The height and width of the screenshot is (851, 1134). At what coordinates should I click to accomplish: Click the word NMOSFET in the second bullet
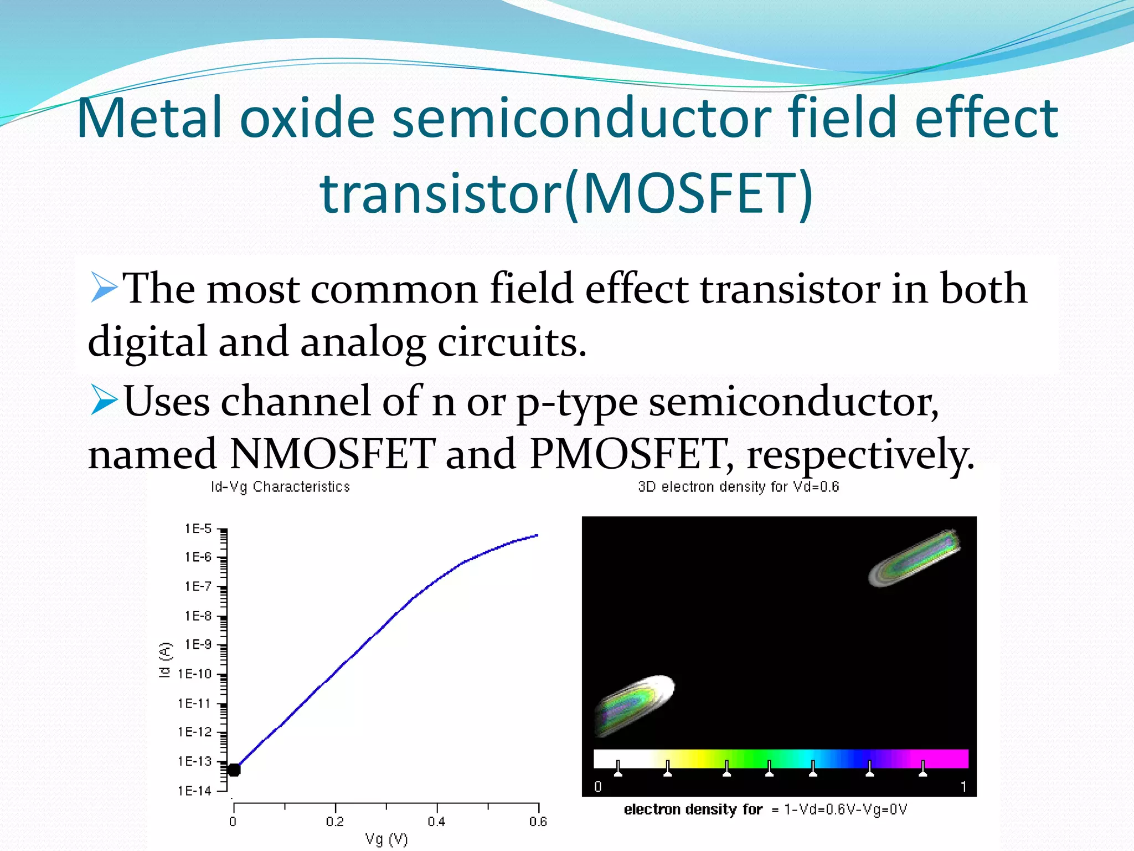coord(332,454)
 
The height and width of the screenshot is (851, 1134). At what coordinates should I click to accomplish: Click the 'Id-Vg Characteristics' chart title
coord(280,487)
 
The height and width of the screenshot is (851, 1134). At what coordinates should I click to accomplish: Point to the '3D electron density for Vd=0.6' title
coord(738,487)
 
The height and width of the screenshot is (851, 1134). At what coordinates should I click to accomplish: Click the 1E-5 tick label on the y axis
coord(198,529)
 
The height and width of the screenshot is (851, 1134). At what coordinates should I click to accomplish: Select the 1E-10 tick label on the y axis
coord(194,674)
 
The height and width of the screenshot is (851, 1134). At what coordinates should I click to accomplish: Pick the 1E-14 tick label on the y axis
coord(194,791)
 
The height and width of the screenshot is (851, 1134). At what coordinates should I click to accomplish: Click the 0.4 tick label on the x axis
coord(436,821)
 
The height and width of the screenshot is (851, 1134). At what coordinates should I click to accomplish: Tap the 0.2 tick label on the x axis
coord(334,821)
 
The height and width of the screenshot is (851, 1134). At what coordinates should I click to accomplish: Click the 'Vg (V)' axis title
coord(386,839)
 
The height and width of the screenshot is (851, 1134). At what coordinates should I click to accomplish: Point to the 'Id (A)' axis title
coord(165,660)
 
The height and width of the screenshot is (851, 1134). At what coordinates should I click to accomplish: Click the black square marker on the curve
coord(234,770)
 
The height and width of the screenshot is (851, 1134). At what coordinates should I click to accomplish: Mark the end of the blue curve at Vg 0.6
coord(536,536)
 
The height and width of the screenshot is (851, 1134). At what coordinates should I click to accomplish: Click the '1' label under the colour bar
coord(963,787)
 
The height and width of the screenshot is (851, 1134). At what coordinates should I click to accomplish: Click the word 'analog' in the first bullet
coord(363,342)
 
